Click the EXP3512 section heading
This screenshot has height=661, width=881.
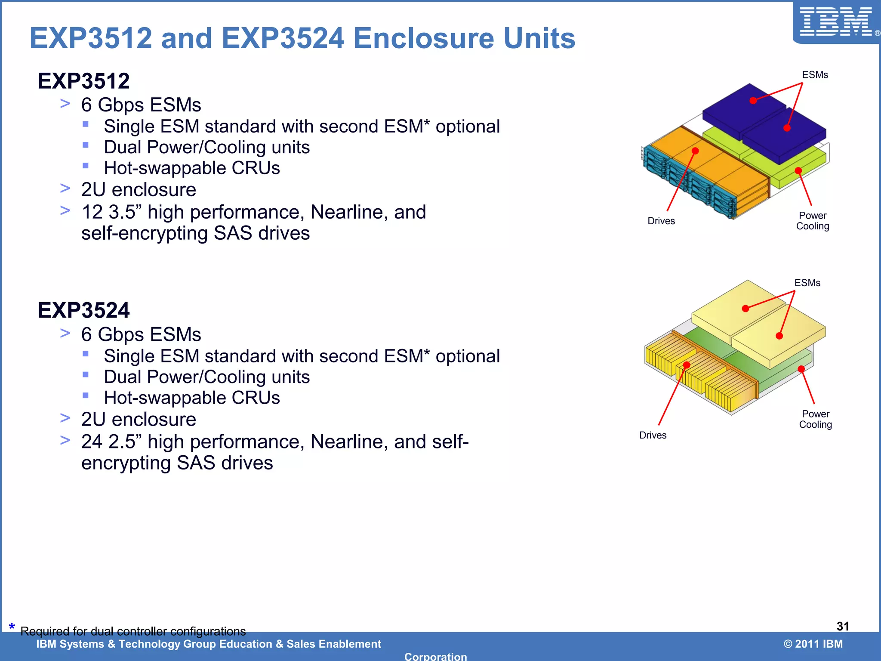pos(83,81)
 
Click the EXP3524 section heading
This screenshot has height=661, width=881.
pos(83,310)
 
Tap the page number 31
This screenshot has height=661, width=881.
pos(843,626)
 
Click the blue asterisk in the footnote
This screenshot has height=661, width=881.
pos(12,627)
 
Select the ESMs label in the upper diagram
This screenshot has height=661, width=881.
pos(815,75)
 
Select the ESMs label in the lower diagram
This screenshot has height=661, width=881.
pos(807,283)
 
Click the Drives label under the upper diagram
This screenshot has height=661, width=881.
pos(661,221)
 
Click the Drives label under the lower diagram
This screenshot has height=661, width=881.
pos(653,435)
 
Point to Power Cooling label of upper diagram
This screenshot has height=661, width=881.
pos(813,221)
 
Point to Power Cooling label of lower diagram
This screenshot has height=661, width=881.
pos(816,419)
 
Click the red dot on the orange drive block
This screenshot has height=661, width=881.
pos(695,151)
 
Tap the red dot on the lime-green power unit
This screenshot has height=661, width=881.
pos(798,171)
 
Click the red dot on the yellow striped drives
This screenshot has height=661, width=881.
pos(687,365)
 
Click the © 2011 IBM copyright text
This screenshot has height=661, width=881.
pos(813,644)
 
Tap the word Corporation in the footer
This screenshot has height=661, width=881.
pos(435,656)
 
